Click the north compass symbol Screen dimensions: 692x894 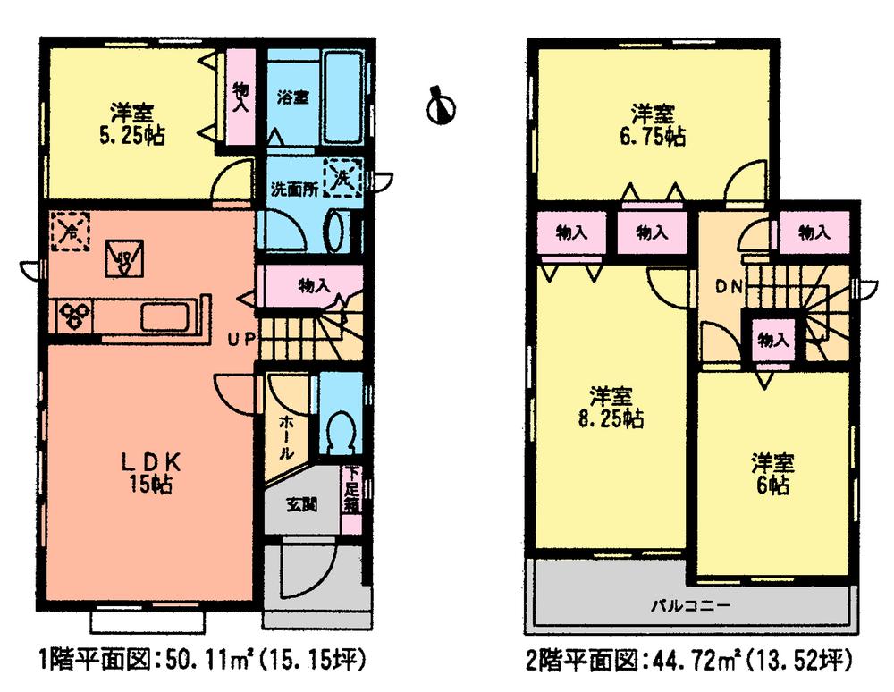(441, 105)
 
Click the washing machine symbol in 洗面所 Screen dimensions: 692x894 (342, 177)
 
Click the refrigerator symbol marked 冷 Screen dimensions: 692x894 (69, 232)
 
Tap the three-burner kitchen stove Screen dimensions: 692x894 (73, 314)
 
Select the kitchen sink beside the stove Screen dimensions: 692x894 (164, 316)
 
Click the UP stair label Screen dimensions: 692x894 (243, 339)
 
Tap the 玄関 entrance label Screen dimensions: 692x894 (299, 503)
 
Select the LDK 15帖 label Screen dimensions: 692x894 (152, 473)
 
